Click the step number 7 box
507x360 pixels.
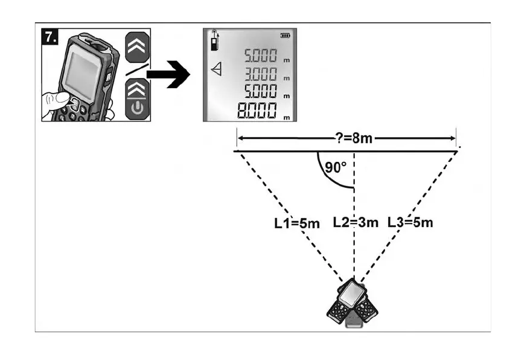pyautogui.click(x=50, y=37)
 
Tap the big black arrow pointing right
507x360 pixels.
pyautogui.click(x=168, y=74)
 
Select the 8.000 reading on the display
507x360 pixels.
pyautogui.click(x=257, y=111)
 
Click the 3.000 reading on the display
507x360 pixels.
pyautogui.click(x=261, y=74)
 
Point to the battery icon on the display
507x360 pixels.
pyautogui.click(x=285, y=36)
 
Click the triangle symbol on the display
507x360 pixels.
pyautogui.click(x=217, y=69)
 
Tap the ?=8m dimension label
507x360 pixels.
pyautogui.click(x=354, y=138)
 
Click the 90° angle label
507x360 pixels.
pyautogui.click(x=336, y=167)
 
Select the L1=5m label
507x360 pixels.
pyautogui.click(x=297, y=223)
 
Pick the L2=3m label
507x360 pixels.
pyautogui.click(x=356, y=222)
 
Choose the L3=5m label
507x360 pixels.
pyautogui.click(x=410, y=222)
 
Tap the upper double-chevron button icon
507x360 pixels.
pyautogui.click(x=137, y=47)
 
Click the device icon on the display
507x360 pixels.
pyautogui.click(x=214, y=40)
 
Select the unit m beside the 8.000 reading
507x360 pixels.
pyautogui.click(x=287, y=118)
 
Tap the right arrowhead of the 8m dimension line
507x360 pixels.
pyautogui.click(x=452, y=138)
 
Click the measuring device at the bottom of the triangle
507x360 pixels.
pyautogui.click(x=352, y=303)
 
